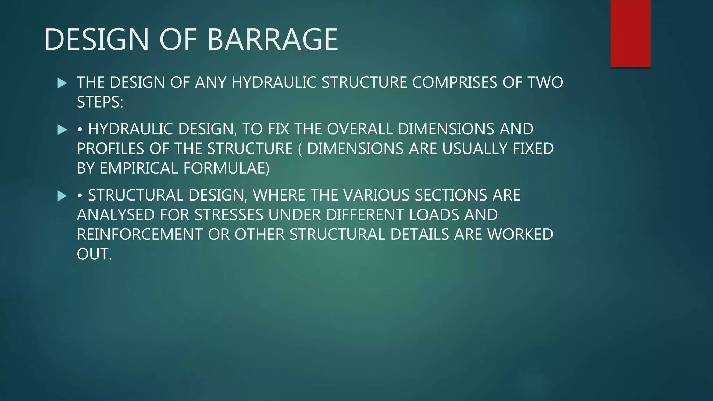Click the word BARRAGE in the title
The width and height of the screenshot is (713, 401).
tap(272, 39)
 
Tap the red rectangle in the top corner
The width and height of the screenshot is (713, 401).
tap(630, 33)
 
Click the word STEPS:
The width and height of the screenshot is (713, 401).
tap(100, 102)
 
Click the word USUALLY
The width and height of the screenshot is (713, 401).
tap(475, 149)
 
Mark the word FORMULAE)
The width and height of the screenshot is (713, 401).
tap(226, 168)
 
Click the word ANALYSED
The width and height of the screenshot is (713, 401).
tap(116, 215)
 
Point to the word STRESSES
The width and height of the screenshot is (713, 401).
tap(229, 215)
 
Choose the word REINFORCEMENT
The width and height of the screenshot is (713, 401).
tap(140, 235)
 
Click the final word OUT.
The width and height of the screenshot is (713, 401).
tap(94, 254)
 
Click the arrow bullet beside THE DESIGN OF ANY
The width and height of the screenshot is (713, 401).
tap(62, 83)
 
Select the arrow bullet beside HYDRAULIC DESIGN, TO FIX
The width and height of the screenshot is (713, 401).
tap(62, 130)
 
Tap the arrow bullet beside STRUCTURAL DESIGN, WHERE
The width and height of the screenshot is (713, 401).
tap(62, 196)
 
